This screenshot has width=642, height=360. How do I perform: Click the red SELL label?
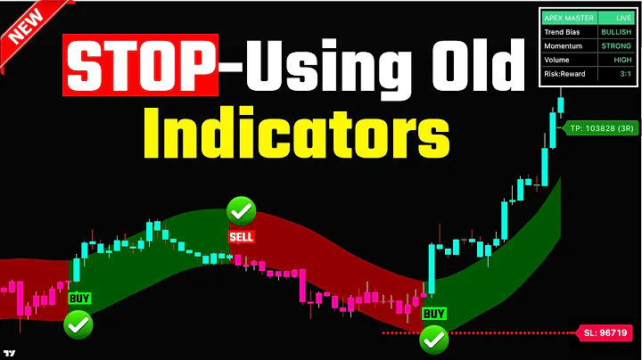[x=241, y=236]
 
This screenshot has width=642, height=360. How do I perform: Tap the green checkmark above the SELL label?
[x=241, y=211]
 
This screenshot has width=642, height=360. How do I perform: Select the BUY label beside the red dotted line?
[x=433, y=314]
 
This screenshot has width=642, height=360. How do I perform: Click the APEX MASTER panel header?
[x=565, y=18]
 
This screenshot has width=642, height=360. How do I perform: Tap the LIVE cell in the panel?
[x=616, y=18]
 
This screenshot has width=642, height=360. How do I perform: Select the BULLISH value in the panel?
[x=616, y=32]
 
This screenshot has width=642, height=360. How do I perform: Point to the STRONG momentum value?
[x=616, y=46]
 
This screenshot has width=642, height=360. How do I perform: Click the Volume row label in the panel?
[x=558, y=60]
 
